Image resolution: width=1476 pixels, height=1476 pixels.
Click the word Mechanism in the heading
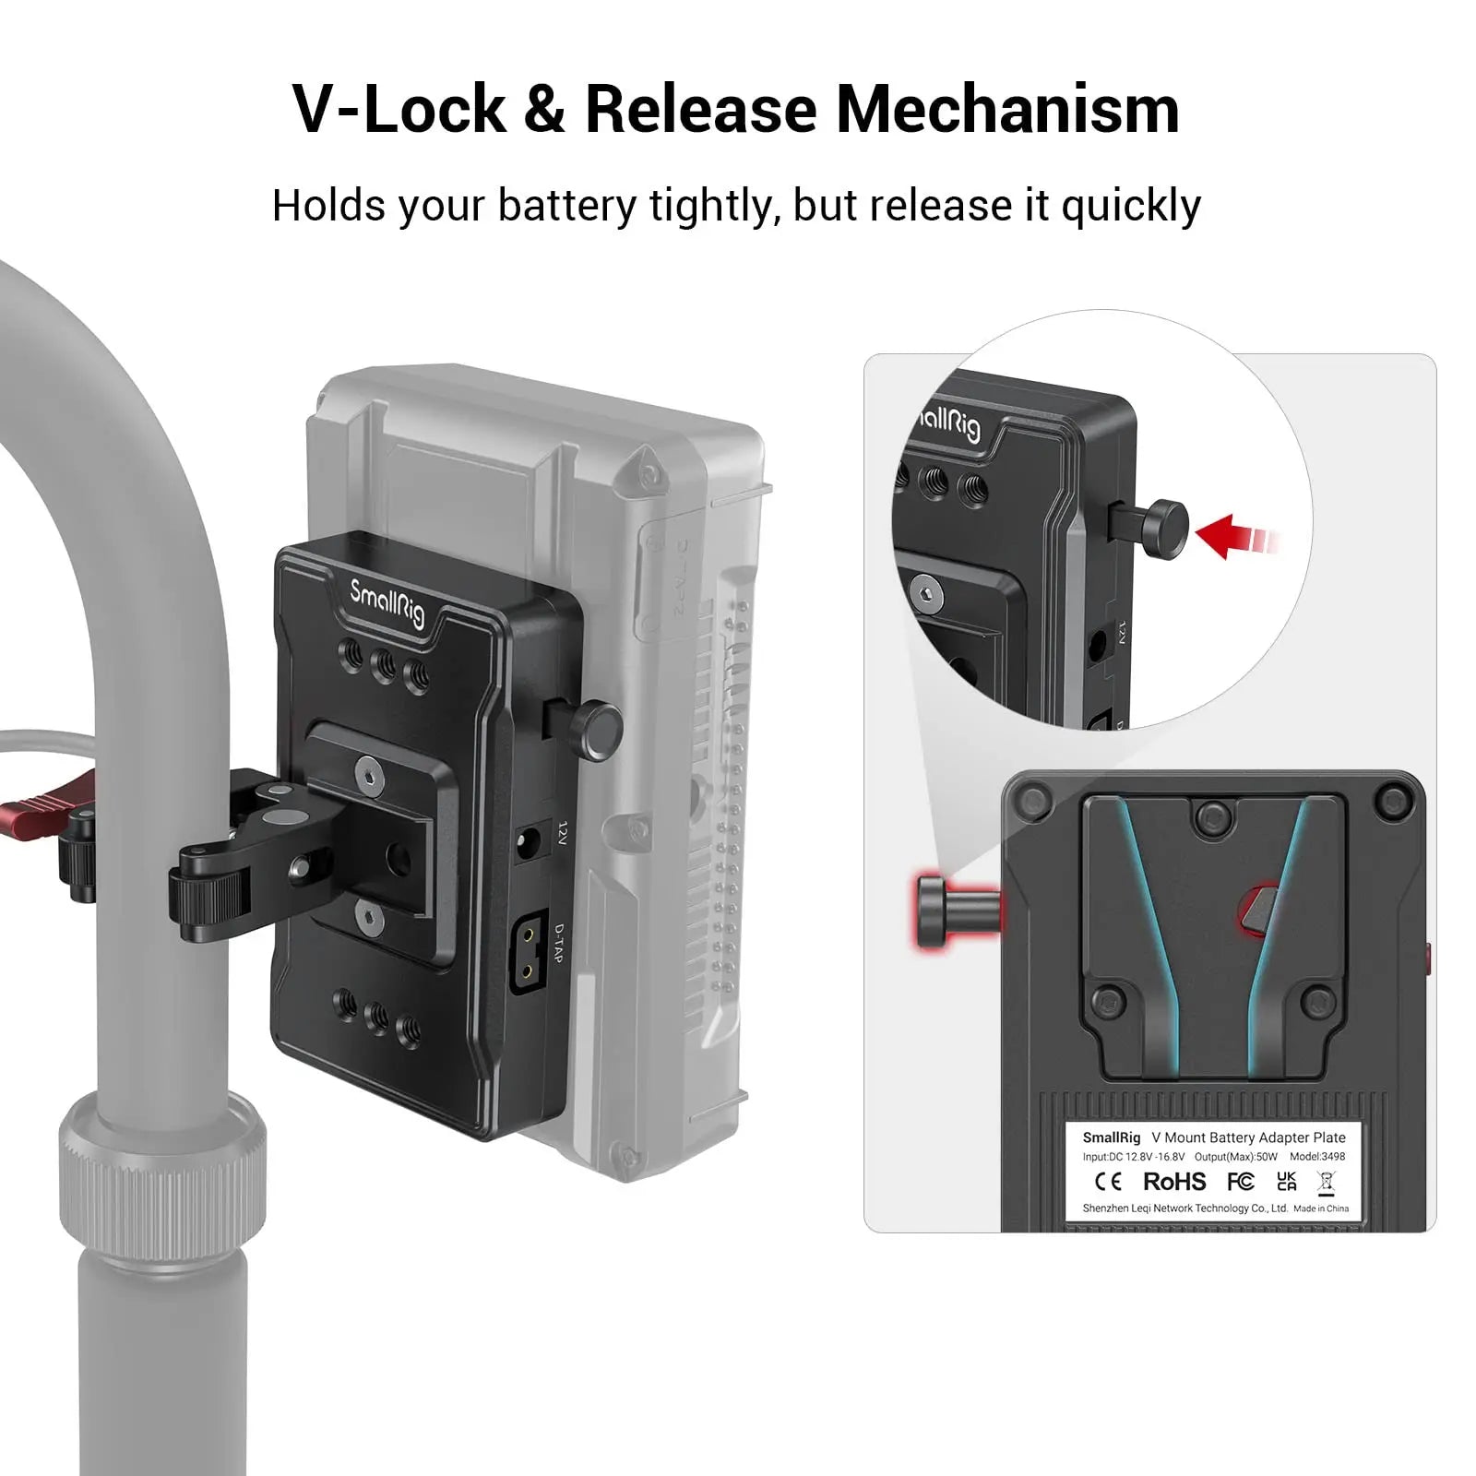[x=1007, y=110]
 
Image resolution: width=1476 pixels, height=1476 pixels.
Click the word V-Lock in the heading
[x=399, y=110]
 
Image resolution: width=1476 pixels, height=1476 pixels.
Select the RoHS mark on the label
[x=1174, y=1182]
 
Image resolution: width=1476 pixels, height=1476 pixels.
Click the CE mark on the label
[x=1108, y=1182]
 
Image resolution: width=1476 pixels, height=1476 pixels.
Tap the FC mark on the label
[x=1241, y=1182]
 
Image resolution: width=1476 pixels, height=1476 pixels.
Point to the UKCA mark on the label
[x=1287, y=1182]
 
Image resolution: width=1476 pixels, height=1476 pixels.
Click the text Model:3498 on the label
[x=1317, y=1156]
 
